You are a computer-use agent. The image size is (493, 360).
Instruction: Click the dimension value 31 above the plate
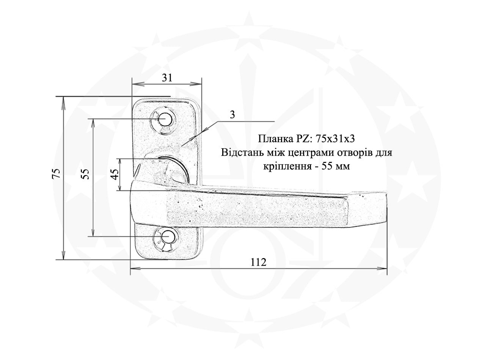(167, 78)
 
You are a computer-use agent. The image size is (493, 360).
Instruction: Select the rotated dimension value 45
(116, 174)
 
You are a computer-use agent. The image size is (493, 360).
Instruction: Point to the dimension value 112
(259, 262)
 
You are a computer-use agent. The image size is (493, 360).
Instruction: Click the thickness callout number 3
(232, 115)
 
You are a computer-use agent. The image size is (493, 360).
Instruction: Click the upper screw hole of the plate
(165, 119)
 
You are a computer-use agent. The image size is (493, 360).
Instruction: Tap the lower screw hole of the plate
(168, 236)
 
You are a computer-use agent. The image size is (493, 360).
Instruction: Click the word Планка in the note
(272, 139)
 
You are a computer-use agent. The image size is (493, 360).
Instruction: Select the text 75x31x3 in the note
(335, 139)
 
